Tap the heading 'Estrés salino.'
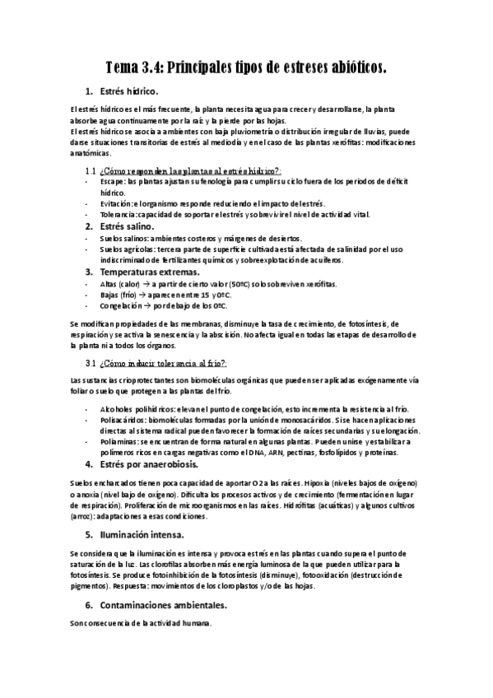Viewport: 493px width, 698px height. [x=125, y=226]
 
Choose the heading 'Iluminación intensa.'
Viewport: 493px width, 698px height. [x=137, y=535]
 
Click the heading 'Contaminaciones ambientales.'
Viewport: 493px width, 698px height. [x=163, y=605]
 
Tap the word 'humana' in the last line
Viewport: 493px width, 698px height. [x=197, y=623]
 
